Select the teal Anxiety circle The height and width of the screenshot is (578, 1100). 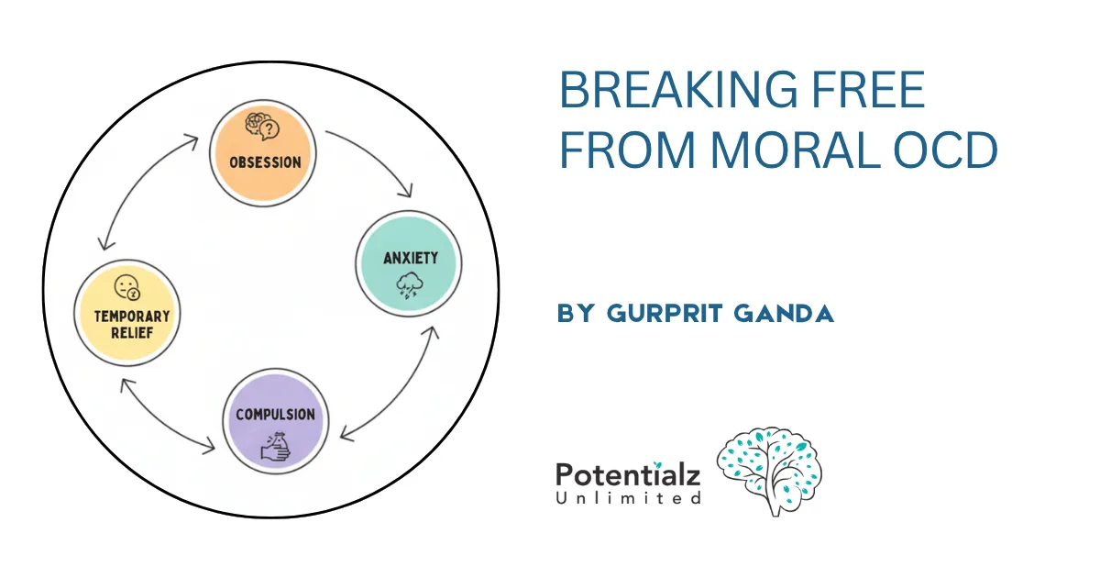(409, 263)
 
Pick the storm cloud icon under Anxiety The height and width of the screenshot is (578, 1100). (408, 286)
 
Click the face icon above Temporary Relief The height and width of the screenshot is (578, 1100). (126, 288)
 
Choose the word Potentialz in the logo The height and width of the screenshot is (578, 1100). (628, 474)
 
